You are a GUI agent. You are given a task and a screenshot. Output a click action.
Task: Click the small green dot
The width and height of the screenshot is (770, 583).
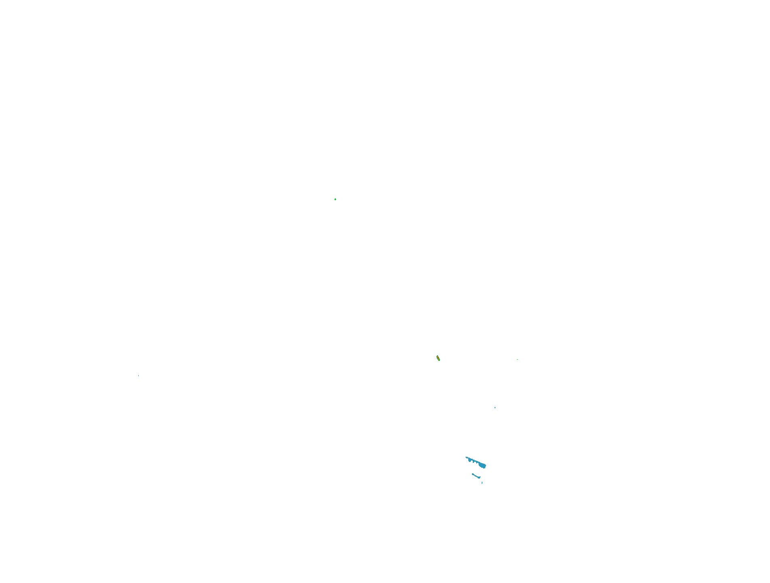tap(335, 199)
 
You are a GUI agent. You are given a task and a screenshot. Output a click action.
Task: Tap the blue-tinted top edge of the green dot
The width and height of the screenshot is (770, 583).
tap(335, 198)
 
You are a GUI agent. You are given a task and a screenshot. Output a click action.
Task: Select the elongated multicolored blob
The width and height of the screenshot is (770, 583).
tap(438, 358)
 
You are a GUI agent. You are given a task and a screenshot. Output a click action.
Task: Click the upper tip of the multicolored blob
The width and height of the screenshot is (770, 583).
tap(437, 356)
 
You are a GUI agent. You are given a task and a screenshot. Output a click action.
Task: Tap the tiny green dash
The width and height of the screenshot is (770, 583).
tap(517, 359)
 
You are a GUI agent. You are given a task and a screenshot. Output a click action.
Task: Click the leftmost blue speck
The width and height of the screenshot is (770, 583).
tap(138, 376)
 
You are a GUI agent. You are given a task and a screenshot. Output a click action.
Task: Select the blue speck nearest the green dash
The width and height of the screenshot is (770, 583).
tap(495, 407)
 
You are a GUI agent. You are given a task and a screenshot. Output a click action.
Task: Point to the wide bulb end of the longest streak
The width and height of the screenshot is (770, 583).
tap(483, 466)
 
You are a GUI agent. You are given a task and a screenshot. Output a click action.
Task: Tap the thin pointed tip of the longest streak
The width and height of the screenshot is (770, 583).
tap(466, 457)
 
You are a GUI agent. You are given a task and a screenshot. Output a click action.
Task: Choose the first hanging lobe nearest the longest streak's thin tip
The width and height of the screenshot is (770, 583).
tap(470, 460)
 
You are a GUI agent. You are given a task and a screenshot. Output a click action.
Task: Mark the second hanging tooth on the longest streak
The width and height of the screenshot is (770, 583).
tap(473, 462)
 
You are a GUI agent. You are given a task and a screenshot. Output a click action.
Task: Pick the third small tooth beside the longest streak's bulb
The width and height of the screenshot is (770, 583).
tap(477, 463)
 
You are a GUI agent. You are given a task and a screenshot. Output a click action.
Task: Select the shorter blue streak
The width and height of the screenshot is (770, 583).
tap(476, 476)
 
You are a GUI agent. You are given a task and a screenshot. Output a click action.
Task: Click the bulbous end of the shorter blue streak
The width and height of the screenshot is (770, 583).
tap(479, 477)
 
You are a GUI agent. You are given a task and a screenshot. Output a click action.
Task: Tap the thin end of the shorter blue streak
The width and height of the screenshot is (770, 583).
tap(472, 474)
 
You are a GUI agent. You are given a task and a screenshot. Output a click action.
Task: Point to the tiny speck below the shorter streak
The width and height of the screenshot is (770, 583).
tap(482, 483)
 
